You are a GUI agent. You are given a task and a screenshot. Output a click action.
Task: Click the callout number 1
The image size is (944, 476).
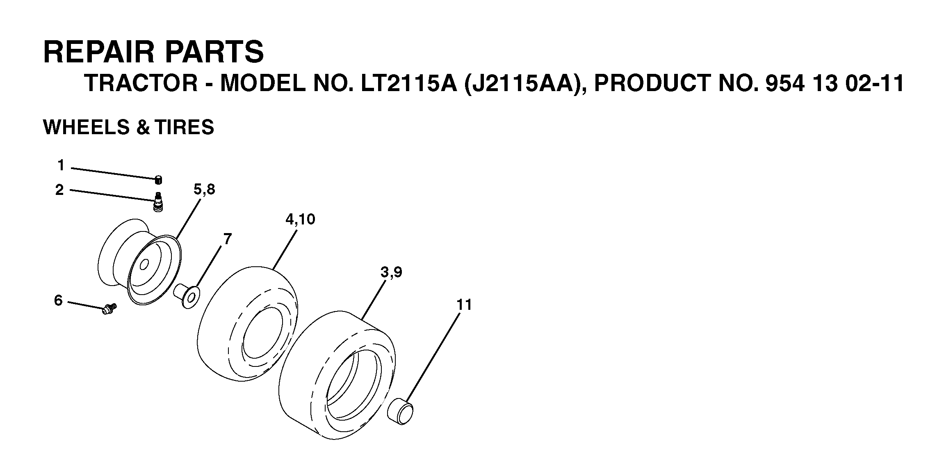click(61, 165)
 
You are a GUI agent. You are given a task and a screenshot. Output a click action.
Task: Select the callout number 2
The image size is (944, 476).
click(60, 190)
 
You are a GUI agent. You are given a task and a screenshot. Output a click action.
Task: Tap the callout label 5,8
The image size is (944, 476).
click(204, 190)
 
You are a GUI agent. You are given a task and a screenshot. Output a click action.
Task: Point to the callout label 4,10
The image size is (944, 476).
click(300, 220)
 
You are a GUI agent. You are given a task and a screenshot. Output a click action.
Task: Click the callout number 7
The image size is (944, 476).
click(228, 239)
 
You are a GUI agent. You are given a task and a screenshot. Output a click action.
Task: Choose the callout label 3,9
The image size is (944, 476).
click(391, 272)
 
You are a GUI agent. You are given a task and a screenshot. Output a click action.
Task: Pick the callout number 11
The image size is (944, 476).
click(465, 305)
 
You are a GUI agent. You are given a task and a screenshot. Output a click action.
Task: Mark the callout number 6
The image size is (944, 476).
click(59, 300)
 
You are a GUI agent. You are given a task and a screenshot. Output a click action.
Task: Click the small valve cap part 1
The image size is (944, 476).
click(158, 180)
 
